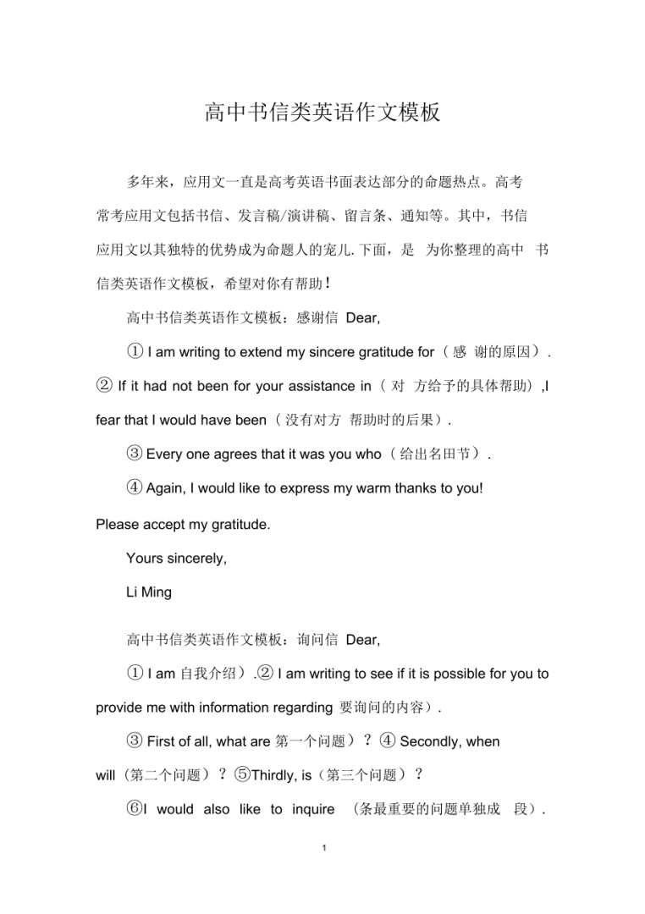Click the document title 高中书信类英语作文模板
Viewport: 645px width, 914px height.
[322, 113]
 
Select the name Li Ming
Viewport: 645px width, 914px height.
[149, 592]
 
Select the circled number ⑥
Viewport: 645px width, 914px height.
[135, 810]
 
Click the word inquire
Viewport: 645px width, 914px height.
[309, 810]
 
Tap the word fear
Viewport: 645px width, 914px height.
[111, 421]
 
